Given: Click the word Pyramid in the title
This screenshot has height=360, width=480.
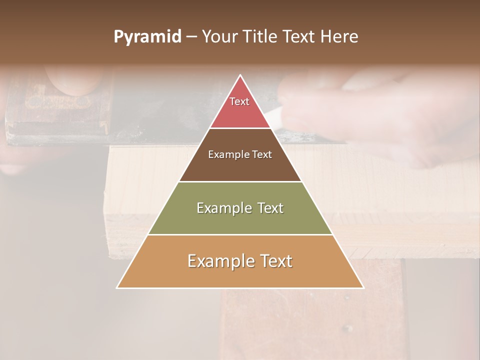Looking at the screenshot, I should click(147, 37).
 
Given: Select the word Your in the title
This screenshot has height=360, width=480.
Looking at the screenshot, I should click(220, 37).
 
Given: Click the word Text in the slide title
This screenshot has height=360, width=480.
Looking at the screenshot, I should click(300, 37).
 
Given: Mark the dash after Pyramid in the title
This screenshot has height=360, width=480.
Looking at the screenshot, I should click(191, 37).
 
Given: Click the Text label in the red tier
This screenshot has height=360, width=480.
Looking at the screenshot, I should click(239, 101).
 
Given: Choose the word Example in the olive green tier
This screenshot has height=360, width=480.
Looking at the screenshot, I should click(223, 208).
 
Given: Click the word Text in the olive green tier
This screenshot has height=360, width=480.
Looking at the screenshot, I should click(271, 208).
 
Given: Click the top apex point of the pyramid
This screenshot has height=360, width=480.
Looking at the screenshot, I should click(240, 75).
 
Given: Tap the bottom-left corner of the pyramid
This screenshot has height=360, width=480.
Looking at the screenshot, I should click(117, 288).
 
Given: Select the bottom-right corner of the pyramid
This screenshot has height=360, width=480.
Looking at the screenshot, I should click(363, 288).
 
